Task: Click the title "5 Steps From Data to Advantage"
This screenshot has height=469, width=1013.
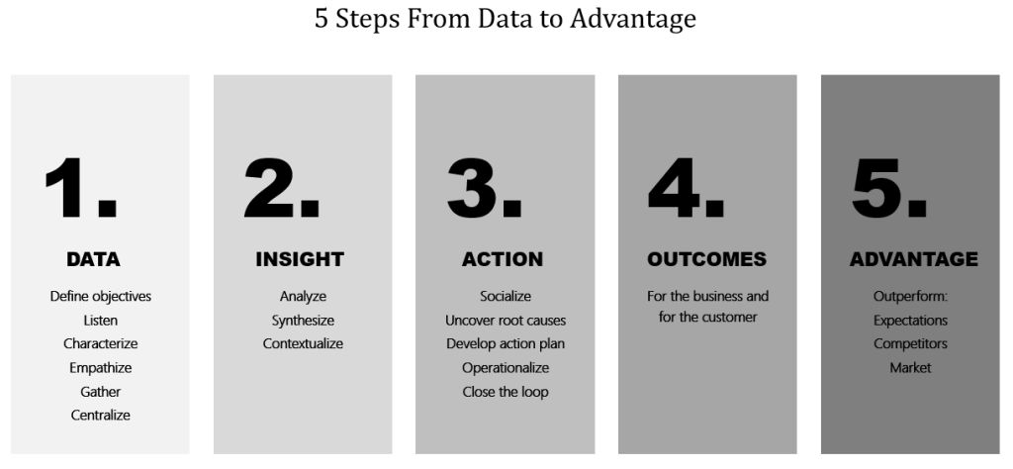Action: click(x=506, y=20)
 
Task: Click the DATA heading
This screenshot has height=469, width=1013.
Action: click(x=93, y=259)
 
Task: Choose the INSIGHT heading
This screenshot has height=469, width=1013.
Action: click(x=300, y=259)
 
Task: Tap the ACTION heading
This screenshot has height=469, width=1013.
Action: click(x=503, y=259)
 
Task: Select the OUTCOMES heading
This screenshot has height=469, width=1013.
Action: click(x=706, y=259)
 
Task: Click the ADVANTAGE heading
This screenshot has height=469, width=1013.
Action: click(x=913, y=259)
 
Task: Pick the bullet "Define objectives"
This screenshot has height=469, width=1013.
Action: click(x=100, y=296)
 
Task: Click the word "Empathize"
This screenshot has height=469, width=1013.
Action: click(x=100, y=367)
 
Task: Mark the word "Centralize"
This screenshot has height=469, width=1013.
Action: click(x=100, y=415)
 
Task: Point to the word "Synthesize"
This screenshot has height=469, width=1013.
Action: click(x=303, y=320)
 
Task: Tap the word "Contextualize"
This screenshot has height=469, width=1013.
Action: click(x=303, y=343)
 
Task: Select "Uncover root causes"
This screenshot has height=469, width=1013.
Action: click(x=506, y=320)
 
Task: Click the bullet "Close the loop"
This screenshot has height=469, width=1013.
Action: click(x=506, y=391)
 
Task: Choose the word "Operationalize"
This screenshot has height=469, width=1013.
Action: click(x=506, y=367)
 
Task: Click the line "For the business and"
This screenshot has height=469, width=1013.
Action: click(x=707, y=296)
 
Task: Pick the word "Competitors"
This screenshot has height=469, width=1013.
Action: click(x=910, y=343)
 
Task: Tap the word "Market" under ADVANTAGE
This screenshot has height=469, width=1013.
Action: click(x=910, y=367)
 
